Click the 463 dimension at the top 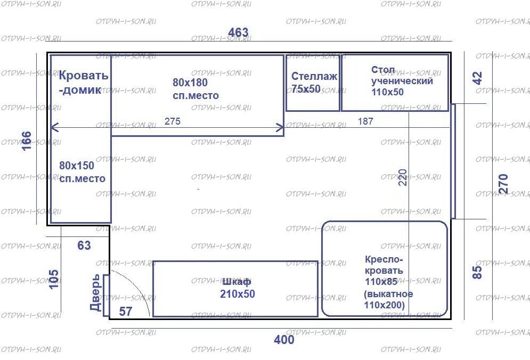[238, 32]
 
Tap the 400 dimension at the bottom [284, 339]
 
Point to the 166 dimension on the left [26, 141]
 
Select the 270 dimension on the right [503, 184]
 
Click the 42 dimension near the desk [477, 78]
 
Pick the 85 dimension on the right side [477, 272]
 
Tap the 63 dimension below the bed [84, 245]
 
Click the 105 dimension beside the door [53, 279]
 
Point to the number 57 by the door [125, 312]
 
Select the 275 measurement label [173, 121]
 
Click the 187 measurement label [365, 121]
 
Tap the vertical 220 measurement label [403, 177]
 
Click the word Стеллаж [314, 76]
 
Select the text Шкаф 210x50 [237, 288]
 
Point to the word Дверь [95, 292]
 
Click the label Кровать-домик [83, 83]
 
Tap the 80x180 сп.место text [195, 88]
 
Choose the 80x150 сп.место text [82, 171]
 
